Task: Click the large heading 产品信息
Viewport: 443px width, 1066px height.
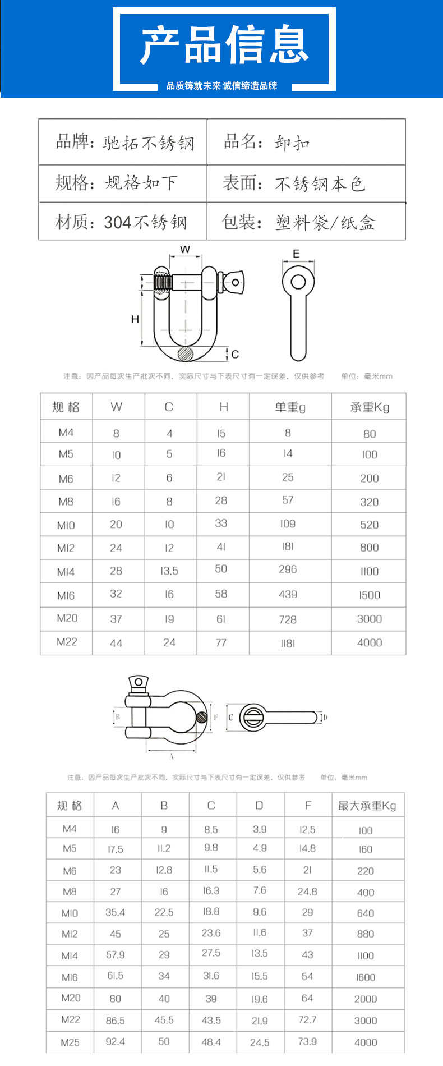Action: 224,45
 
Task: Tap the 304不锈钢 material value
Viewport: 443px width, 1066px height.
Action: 145,222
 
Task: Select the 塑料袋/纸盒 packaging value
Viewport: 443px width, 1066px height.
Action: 325,223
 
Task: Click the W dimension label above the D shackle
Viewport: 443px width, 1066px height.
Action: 185,250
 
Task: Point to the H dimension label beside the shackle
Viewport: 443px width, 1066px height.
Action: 135,319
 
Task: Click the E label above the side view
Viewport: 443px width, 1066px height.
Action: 296,254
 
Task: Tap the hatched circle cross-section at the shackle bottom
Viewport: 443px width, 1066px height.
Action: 184,353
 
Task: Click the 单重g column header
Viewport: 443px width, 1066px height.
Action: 290,407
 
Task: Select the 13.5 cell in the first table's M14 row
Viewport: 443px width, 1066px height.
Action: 169,571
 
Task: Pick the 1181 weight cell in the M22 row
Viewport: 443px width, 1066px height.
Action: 288,643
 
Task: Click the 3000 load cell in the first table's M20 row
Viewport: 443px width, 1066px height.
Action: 369,619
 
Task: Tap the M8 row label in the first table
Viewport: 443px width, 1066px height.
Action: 66,502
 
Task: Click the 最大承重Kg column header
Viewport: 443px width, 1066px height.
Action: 367,806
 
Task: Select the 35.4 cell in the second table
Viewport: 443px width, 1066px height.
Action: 116,912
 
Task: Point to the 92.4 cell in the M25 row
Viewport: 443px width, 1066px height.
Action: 116,1041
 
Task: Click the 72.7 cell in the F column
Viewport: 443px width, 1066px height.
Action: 307,1019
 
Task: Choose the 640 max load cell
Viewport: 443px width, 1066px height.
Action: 366,913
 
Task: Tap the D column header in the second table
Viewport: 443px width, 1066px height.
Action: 259,806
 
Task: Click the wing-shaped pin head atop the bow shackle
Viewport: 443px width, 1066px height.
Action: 137,683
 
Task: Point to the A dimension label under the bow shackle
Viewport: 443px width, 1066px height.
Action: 172,756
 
